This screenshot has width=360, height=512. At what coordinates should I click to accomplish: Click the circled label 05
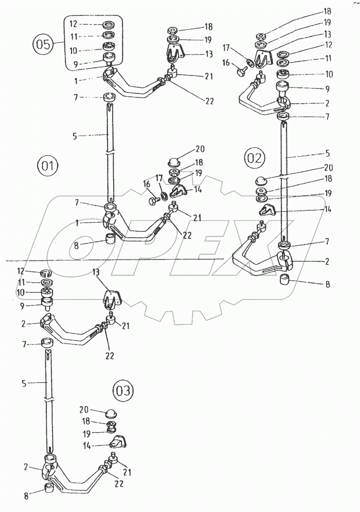(x=43, y=44)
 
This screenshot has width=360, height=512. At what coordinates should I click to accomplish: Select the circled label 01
(x=47, y=166)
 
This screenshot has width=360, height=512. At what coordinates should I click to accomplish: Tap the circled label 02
(x=255, y=158)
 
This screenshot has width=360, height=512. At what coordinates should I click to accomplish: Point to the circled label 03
(x=123, y=391)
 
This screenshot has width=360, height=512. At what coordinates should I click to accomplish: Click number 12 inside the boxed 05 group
(x=74, y=24)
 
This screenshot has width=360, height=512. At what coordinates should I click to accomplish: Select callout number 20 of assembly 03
(x=84, y=409)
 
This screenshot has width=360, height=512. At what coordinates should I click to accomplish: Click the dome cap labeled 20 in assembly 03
(x=111, y=413)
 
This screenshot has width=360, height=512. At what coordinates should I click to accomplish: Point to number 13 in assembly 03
(x=97, y=272)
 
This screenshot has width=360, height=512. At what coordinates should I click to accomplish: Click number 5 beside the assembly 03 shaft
(x=24, y=383)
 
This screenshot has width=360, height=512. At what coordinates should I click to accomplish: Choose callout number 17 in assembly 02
(x=226, y=48)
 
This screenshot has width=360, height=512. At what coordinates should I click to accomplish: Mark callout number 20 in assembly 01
(x=200, y=149)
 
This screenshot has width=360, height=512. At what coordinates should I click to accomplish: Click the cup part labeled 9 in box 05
(x=111, y=59)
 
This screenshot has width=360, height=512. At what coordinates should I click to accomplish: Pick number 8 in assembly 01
(x=76, y=246)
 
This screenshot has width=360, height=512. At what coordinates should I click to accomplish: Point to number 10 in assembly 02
(x=328, y=74)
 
